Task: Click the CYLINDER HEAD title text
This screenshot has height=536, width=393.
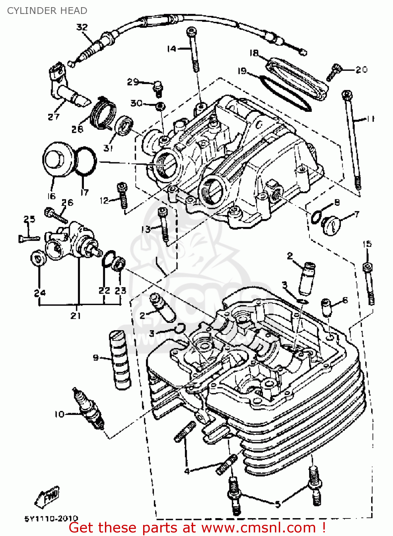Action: point(47,11)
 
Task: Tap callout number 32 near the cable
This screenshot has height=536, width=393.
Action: point(82,27)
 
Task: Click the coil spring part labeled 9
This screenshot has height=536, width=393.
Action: point(120,359)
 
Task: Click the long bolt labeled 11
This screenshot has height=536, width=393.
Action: point(352,139)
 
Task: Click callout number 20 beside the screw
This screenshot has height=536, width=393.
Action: point(361,69)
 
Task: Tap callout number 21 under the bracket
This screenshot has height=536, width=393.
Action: point(76,316)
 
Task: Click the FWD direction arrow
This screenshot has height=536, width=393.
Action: point(47,497)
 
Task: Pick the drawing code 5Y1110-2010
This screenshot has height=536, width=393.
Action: point(51,518)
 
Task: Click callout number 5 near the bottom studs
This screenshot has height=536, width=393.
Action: point(278,504)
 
